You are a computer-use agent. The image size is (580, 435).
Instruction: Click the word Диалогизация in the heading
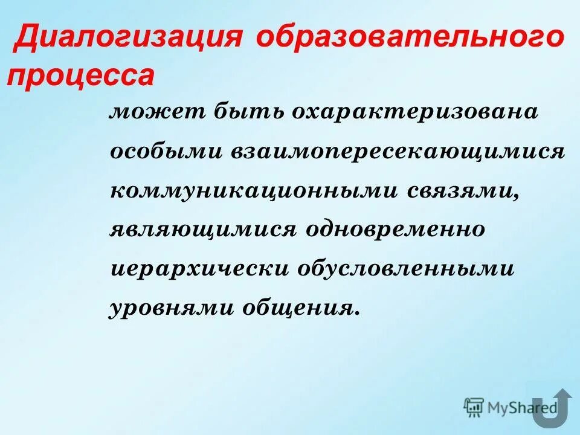130,39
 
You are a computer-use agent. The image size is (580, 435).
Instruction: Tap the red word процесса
80,77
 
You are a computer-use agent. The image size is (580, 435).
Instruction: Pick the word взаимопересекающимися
397,152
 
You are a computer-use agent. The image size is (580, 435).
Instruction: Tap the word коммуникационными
254,190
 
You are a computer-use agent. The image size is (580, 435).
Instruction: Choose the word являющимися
204,230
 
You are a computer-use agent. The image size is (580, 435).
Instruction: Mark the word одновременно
396,230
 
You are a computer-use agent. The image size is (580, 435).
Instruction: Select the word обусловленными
405,268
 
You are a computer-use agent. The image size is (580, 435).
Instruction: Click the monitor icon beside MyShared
474,407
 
